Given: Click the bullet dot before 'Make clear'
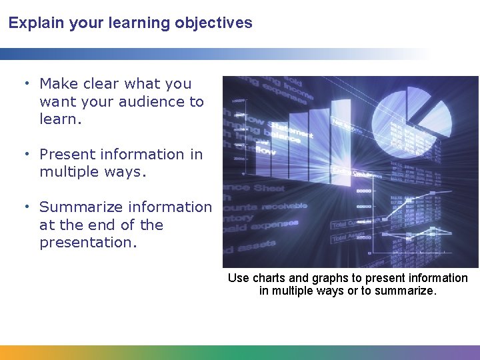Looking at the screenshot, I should pyautogui.click(x=26, y=83).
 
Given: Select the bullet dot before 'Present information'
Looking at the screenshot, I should pyautogui.click(x=26, y=154).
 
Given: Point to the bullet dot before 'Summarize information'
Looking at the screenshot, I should pyautogui.click(x=26, y=207).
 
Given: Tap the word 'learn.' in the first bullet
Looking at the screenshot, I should pyautogui.click(x=61, y=120).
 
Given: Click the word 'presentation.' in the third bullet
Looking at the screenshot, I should pyautogui.click(x=88, y=243).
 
